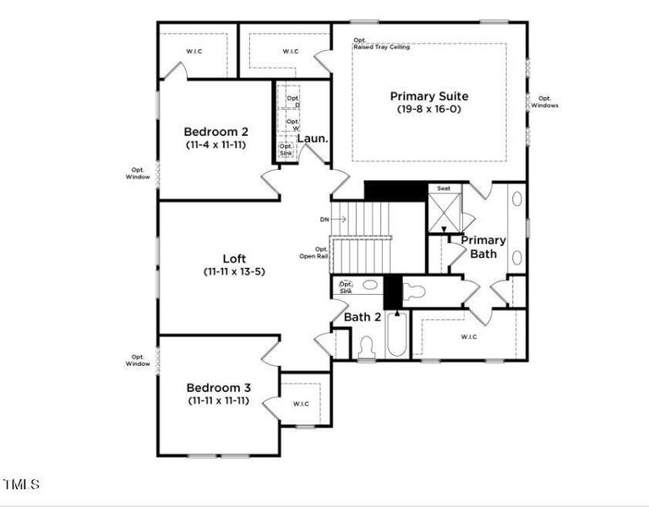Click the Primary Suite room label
point(429,96)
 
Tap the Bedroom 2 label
point(216,132)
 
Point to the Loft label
point(234,259)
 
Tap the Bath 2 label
point(363,317)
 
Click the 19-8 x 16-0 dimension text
point(429,110)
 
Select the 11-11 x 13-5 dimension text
point(234,272)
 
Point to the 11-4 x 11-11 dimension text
point(216,144)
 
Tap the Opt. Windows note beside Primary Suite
point(544,101)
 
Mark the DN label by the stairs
point(324,219)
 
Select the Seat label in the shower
point(444,188)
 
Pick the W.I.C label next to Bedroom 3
point(301,404)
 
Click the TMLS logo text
point(21,484)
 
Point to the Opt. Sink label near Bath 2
point(345,286)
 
